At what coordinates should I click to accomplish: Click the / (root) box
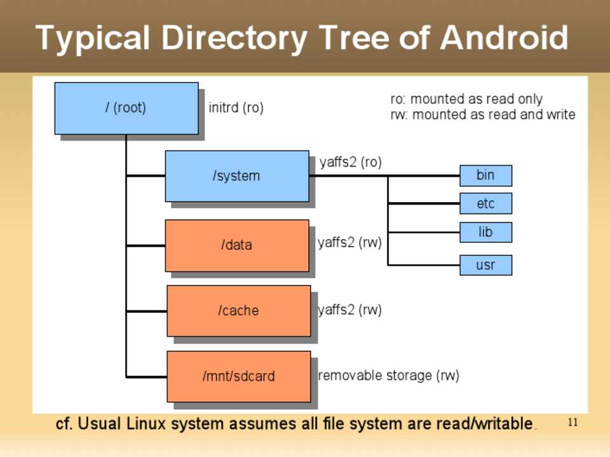(x=126, y=108)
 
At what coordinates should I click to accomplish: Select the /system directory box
(x=236, y=176)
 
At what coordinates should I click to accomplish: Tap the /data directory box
(x=236, y=245)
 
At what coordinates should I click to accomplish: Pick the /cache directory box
(x=238, y=311)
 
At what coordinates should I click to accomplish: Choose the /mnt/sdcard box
(x=238, y=376)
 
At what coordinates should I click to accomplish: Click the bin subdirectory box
(x=485, y=175)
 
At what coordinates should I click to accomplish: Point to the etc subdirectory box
(x=485, y=204)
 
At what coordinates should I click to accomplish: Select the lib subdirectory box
(x=485, y=233)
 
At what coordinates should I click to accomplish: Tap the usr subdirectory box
(x=485, y=265)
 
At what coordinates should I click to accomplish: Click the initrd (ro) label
(x=236, y=108)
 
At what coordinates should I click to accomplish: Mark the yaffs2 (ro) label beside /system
(x=351, y=163)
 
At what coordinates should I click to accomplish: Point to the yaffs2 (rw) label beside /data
(x=349, y=243)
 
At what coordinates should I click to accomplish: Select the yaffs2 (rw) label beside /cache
(x=349, y=310)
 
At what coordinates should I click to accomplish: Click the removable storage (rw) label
(x=388, y=376)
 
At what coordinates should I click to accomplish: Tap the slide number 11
(x=573, y=423)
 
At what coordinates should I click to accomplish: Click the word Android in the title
(x=504, y=38)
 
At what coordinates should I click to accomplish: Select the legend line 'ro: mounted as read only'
(x=466, y=99)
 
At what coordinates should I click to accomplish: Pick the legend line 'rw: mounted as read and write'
(x=482, y=115)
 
